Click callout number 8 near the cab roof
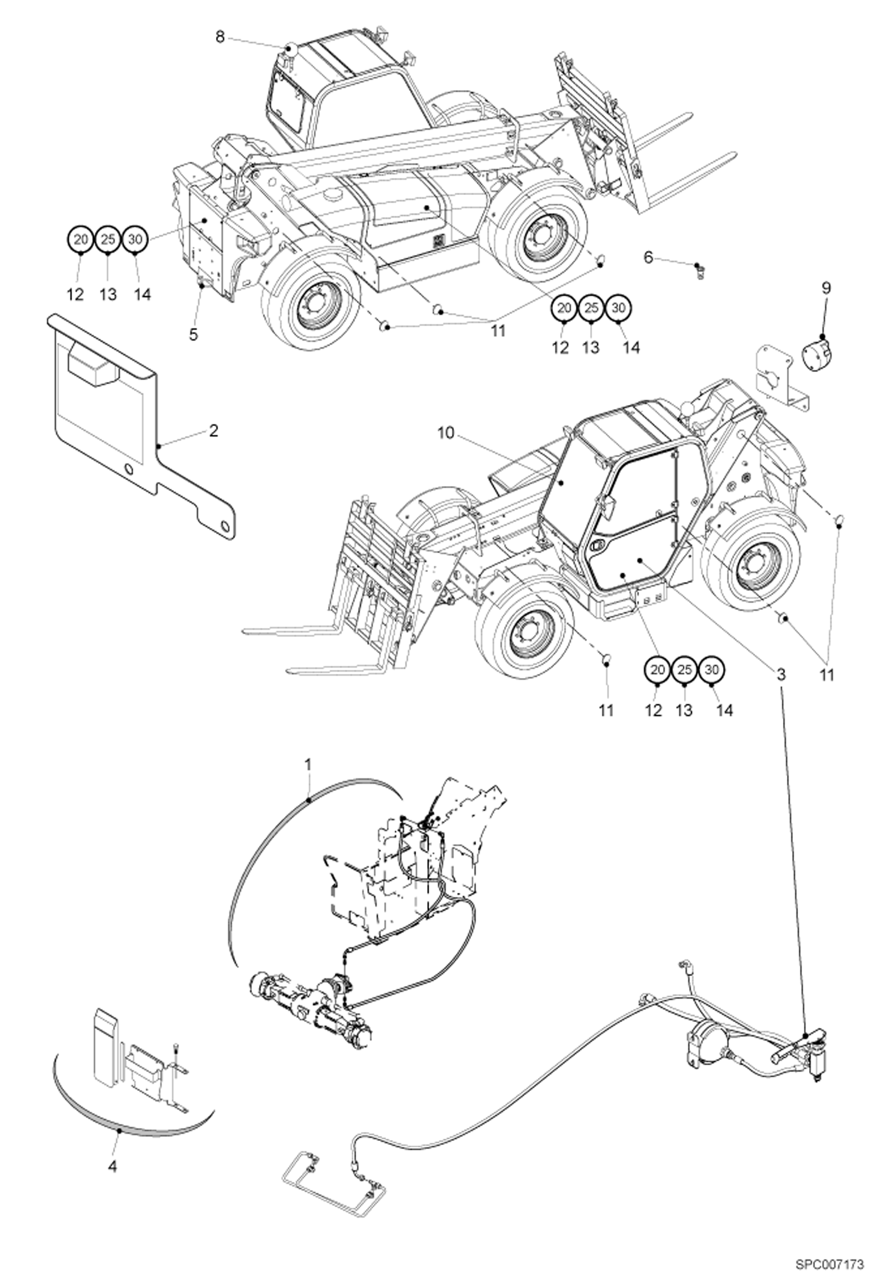219,37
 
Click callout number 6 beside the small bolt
649,256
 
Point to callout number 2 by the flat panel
214,431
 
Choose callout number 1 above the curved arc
309,762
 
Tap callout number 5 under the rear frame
193,334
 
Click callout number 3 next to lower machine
780,675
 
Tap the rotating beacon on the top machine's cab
290,49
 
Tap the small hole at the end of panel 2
225,526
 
